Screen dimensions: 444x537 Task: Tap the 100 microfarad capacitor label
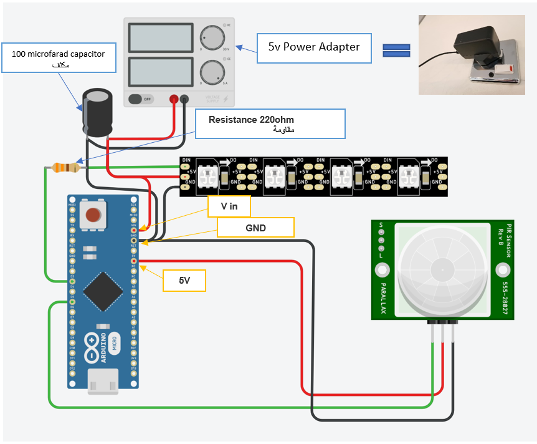(x=58, y=59)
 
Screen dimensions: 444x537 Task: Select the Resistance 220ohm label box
(x=270, y=123)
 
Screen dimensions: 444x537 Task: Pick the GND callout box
(x=255, y=228)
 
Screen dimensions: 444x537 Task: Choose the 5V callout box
(x=184, y=281)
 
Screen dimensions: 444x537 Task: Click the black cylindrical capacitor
(x=98, y=112)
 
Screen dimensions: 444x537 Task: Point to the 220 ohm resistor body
(x=65, y=167)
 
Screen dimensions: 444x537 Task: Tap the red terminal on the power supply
(x=174, y=99)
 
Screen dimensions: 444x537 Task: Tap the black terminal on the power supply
(x=184, y=99)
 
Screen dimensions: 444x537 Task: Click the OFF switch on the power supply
(x=143, y=99)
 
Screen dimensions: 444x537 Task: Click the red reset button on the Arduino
(x=93, y=216)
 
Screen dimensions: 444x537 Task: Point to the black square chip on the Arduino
(x=102, y=287)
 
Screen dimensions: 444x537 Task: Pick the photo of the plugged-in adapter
(x=472, y=55)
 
